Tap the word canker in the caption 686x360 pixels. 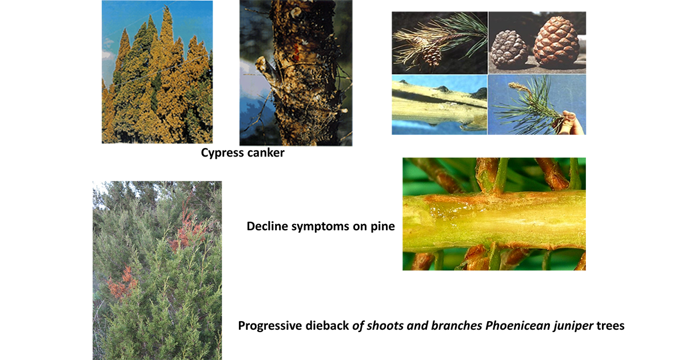[265, 153]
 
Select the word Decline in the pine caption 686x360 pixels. [268, 226]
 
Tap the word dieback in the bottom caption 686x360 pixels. [327, 325]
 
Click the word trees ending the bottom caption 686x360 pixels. [611, 325]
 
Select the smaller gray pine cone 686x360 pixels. [509, 49]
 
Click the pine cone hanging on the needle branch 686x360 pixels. [432, 56]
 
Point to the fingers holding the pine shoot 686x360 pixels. [568, 122]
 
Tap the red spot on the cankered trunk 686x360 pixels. [296, 53]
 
